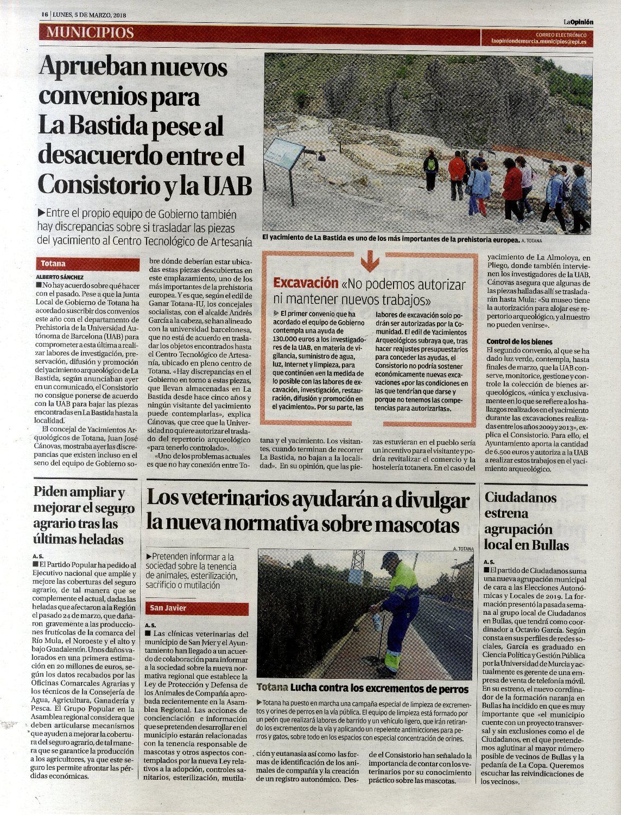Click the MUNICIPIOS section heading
(x=90, y=33)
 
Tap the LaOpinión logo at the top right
(x=578, y=22)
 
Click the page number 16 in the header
(x=45, y=15)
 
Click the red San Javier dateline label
(x=168, y=608)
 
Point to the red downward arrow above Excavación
(x=370, y=262)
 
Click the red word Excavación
(x=305, y=283)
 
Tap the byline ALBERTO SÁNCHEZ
(x=60, y=276)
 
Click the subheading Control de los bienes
(x=519, y=342)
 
